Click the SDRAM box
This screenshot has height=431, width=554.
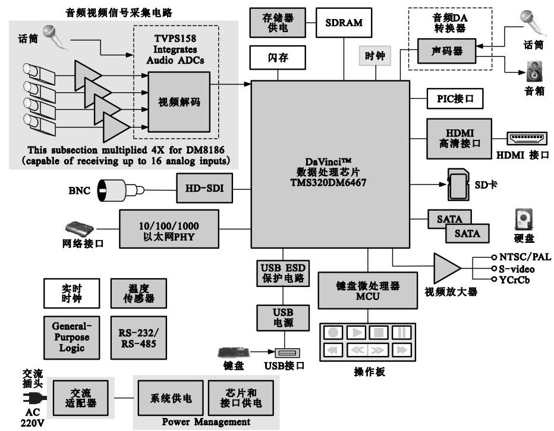click(344, 23)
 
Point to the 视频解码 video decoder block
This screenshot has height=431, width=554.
click(179, 102)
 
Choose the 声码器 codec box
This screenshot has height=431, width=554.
click(446, 52)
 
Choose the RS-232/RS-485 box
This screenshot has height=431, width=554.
click(134, 337)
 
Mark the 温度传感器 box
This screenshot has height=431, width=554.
click(134, 292)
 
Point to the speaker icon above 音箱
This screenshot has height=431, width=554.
click(534, 71)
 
